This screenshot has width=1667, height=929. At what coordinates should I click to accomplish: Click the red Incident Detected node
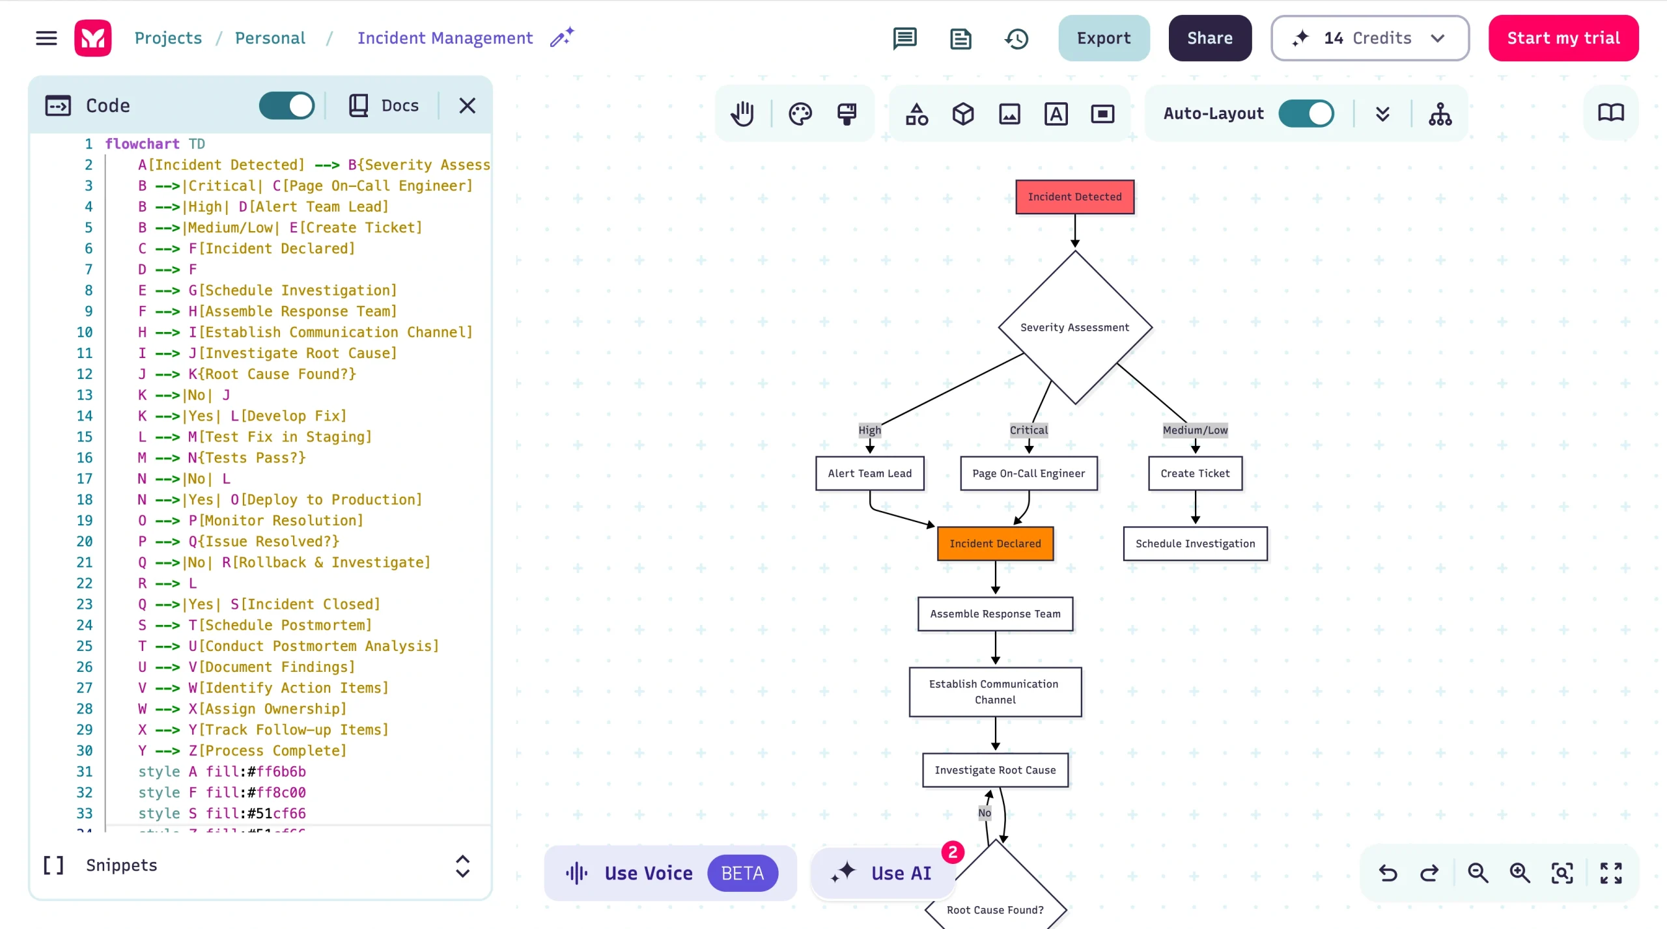pyautogui.click(x=1074, y=197)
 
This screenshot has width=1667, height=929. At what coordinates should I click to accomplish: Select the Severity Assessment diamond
pyautogui.click(x=1074, y=327)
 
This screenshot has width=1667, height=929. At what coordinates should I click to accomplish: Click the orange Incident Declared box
pyautogui.click(x=995, y=544)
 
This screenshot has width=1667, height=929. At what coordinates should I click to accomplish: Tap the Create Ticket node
pyautogui.click(x=1195, y=473)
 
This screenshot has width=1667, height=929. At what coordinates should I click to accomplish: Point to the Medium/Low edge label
pyautogui.click(x=1195, y=430)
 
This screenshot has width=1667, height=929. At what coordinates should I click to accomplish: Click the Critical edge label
pyautogui.click(x=1028, y=430)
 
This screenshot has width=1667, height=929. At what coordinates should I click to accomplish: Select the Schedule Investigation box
pyautogui.click(x=1195, y=544)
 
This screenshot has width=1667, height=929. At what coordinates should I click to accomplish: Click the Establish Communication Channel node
pyautogui.click(x=995, y=691)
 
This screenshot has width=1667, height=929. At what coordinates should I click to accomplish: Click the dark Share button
pyautogui.click(x=1209, y=38)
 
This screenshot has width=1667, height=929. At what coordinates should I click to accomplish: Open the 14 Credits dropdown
pyautogui.click(x=1369, y=38)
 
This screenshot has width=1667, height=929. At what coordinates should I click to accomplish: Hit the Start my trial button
pyautogui.click(x=1563, y=38)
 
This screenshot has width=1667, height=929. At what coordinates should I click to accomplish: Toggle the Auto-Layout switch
pyautogui.click(x=1306, y=113)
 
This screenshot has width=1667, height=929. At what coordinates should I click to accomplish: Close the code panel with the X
pyautogui.click(x=467, y=105)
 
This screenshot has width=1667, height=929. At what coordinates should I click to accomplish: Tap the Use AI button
pyautogui.click(x=883, y=873)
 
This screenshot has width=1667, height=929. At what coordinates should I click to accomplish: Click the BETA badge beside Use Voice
pyautogui.click(x=742, y=873)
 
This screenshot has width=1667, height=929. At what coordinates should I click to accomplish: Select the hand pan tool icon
pyautogui.click(x=742, y=114)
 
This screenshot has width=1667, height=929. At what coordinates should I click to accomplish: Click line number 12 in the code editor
pyautogui.click(x=85, y=374)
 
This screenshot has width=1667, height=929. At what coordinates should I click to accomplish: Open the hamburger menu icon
pyautogui.click(x=46, y=38)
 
